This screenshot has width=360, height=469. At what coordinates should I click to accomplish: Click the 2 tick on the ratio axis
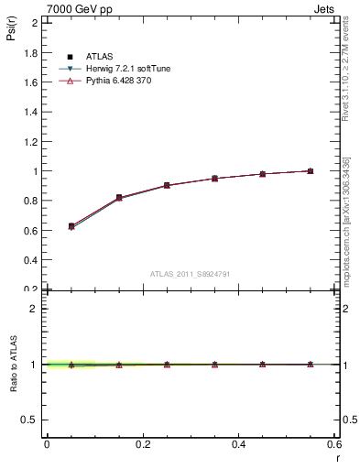tap(36, 309)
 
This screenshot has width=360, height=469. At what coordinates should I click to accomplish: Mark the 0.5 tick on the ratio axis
tap(32, 420)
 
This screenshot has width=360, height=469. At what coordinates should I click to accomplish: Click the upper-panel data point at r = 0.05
tap(71, 226)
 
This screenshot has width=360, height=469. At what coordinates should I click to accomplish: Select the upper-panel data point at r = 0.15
tap(119, 198)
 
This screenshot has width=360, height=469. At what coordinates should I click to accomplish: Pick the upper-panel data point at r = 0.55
tap(311, 171)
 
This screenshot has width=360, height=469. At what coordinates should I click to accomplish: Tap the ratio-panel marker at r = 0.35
tap(214, 365)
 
